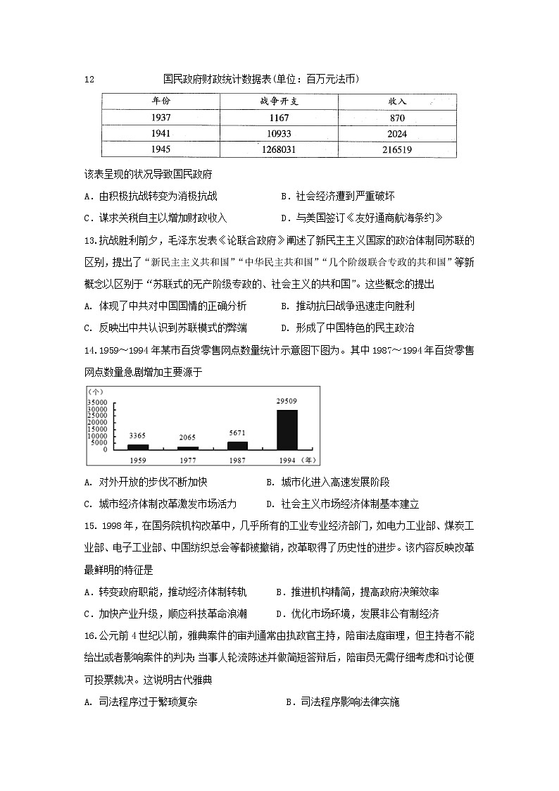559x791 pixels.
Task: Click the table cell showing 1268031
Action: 279,149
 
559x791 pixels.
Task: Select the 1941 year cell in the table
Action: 161,134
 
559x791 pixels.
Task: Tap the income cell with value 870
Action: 396,118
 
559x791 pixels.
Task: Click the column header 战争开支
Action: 279,102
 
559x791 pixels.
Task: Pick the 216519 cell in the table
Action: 396,149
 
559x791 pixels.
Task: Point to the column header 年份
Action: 161,102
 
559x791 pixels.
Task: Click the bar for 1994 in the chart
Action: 287,429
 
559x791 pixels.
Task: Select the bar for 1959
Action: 138,447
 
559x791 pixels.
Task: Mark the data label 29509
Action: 286,401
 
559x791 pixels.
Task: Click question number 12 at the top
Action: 88,80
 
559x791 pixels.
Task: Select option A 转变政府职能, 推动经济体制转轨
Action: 165,592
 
